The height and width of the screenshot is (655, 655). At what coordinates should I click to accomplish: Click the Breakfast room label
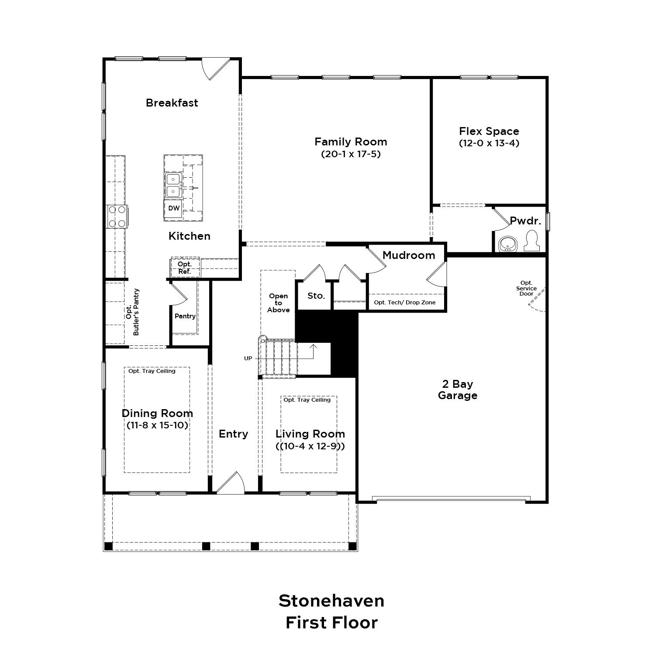click(x=172, y=103)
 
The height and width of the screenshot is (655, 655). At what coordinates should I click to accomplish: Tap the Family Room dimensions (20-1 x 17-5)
click(x=351, y=154)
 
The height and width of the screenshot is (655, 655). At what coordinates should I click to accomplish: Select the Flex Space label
click(x=489, y=131)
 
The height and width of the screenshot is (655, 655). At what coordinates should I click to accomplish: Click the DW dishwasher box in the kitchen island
click(x=174, y=208)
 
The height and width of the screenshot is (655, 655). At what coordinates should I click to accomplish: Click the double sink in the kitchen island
click(x=174, y=185)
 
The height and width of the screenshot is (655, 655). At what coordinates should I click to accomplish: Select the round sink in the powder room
click(x=507, y=243)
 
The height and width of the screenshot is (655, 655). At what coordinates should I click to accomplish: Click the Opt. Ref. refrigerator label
click(x=184, y=268)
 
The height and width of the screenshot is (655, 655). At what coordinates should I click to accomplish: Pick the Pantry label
click(x=185, y=316)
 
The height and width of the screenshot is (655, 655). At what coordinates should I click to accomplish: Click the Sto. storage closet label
click(x=316, y=296)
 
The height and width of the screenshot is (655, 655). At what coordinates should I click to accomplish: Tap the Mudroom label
click(x=409, y=255)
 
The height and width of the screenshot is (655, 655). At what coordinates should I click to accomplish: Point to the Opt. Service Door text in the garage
click(x=526, y=288)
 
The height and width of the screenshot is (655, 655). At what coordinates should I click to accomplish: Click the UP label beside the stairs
click(x=248, y=359)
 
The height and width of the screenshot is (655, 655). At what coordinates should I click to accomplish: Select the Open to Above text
click(x=278, y=303)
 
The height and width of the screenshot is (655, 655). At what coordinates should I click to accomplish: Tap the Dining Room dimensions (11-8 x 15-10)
click(x=157, y=425)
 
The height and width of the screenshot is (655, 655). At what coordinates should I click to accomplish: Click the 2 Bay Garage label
click(x=458, y=390)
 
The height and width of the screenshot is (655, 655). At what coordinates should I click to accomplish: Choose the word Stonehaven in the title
click(x=331, y=601)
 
